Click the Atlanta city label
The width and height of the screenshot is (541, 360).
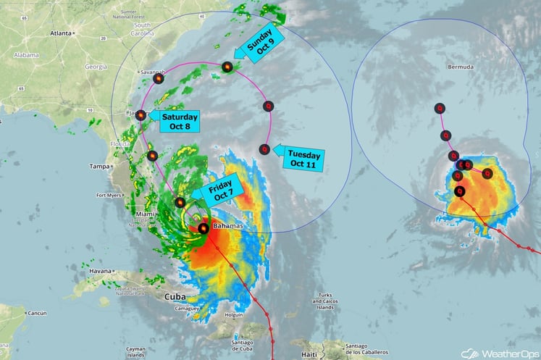click(x=62, y=33)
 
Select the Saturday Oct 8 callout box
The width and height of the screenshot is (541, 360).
click(x=180, y=122)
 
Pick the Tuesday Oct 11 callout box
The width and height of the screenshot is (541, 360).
click(x=304, y=158)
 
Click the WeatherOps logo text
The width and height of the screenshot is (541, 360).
click(x=510, y=353)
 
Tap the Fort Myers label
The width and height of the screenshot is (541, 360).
click(x=109, y=195)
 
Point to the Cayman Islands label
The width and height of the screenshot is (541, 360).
click(x=138, y=351)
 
